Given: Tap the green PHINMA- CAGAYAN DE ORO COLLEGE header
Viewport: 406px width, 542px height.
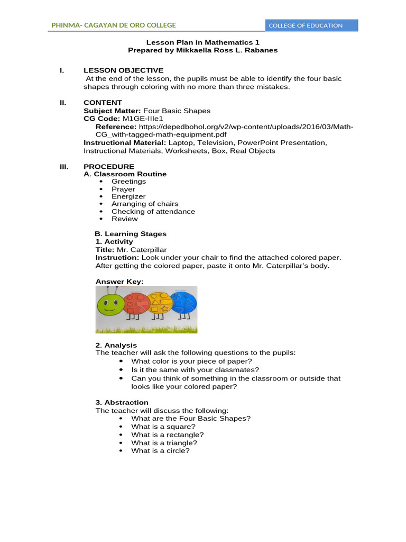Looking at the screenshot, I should pos(114,25).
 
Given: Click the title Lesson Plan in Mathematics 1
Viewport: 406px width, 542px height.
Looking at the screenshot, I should pos(202,42).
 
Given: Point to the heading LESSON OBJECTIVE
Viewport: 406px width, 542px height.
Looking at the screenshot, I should pos(123,70).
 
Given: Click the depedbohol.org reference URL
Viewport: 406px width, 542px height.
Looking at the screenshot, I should pos(224,131).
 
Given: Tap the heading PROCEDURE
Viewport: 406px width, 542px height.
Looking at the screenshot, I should pos(109,167).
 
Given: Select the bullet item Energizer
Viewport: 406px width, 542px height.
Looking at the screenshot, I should pos(128,196).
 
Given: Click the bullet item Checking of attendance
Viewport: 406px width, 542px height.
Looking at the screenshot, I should pos(153,211).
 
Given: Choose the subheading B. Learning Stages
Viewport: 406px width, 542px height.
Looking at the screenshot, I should pos(131,233).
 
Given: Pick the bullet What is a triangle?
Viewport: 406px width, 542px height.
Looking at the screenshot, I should pos(164,442).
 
